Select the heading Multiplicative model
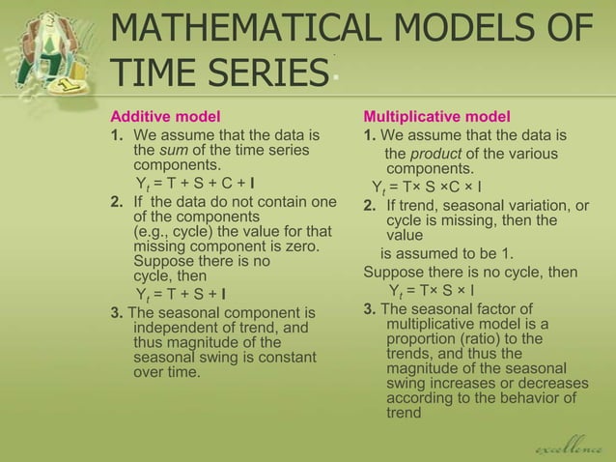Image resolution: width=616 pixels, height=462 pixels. tap(436, 117)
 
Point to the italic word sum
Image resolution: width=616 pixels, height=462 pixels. tap(175, 151)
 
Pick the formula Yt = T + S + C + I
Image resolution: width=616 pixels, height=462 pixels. tap(182, 184)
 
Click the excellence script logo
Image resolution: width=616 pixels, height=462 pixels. tap(571, 448)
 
